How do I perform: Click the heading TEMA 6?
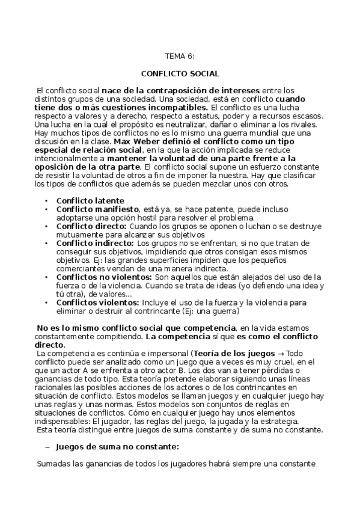180,57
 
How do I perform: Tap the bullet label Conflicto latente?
90,200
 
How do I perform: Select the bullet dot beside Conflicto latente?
47,200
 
